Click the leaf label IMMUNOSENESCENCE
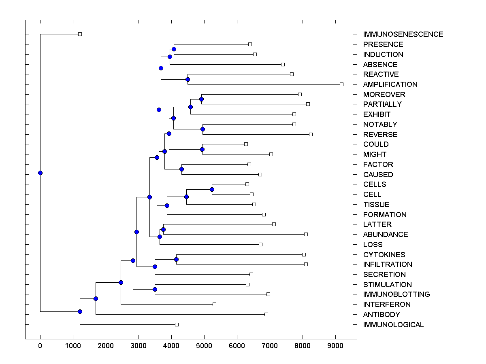[x=403, y=34]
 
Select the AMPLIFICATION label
[x=390, y=85]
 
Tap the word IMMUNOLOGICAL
[x=393, y=325]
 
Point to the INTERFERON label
[x=387, y=305]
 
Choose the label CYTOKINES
[x=384, y=255]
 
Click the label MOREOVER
[x=384, y=95]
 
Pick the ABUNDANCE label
[x=386, y=235]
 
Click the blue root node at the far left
[x=40, y=173]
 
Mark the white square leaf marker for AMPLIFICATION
[x=341, y=84]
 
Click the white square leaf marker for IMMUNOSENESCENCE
[x=80, y=34]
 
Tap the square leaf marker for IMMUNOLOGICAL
[x=177, y=324]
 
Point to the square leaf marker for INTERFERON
[x=214, y=304]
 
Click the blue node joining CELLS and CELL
[x=212, y=189]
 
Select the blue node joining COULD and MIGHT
[x=202, y=149]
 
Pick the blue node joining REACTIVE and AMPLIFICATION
[x=188, y=79]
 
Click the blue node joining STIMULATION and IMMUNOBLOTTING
[x=155, y=289]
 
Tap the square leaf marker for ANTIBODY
[x=266, y=314]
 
